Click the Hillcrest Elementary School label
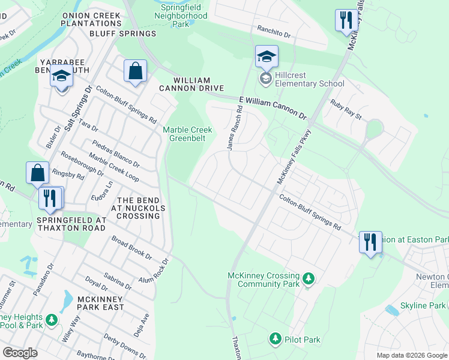[309, 80]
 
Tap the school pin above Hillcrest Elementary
[267, 58]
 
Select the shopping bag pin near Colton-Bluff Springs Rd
[135, 71]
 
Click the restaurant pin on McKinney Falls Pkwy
[346, 21]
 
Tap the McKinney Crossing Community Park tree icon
[308, 278]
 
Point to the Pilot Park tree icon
[276, 338]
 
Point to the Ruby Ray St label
[346, 110]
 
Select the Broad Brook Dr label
[131, 247]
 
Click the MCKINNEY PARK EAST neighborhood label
[96, 307]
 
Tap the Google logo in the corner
[20, 353]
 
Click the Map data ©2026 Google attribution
[411, 355]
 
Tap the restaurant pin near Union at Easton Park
[370, 243]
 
